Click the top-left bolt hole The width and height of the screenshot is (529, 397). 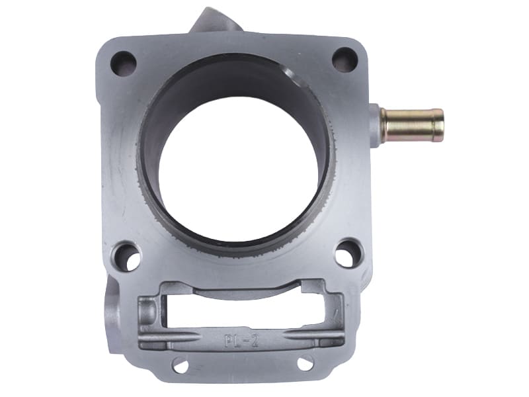pos(124,63)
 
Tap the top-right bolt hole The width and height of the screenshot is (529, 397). pos(345,58)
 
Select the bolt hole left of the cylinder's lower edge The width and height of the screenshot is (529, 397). pos(127,256)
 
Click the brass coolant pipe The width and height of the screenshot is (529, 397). pos(412,125)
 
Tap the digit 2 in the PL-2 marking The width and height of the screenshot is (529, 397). pos(255,341)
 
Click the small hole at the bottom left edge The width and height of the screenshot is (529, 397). pos(180,366)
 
